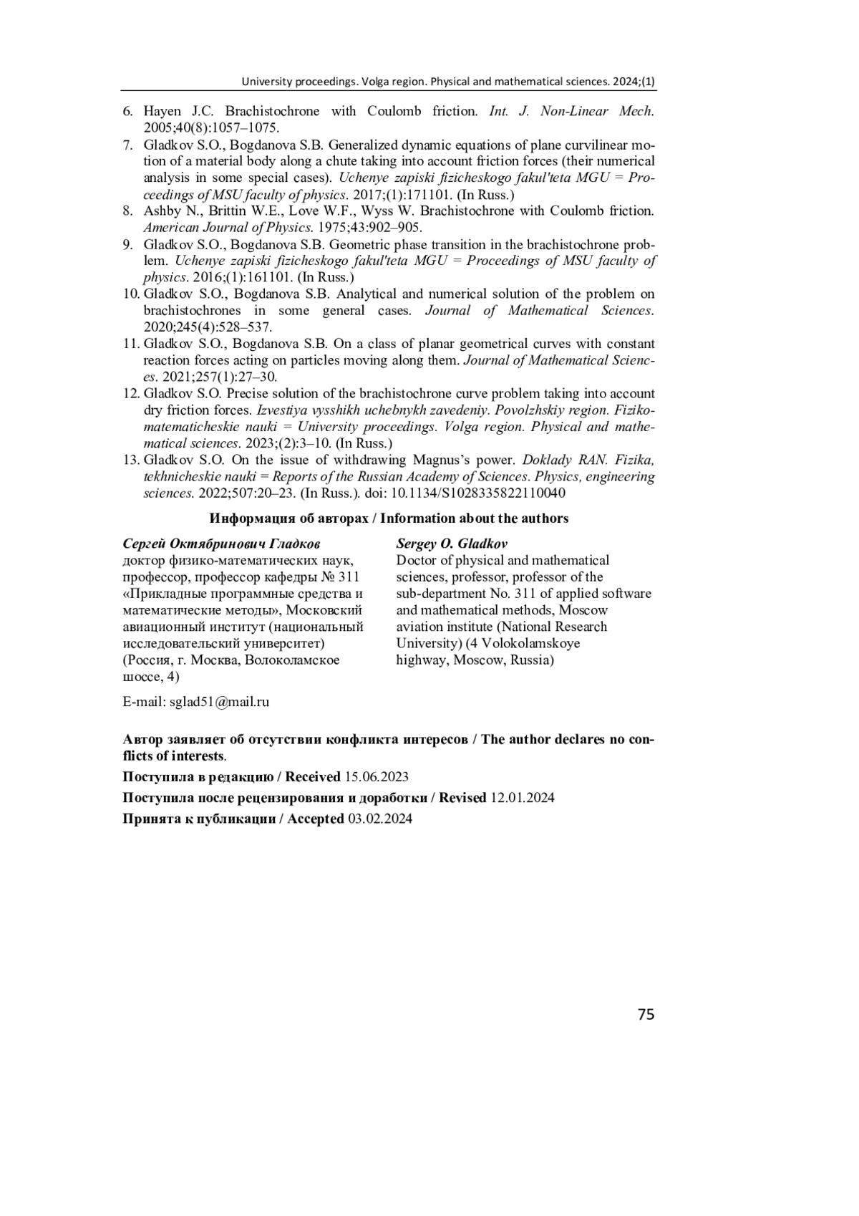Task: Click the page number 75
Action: tap(645, 1014)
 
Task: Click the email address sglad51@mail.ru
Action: tap(219, 702)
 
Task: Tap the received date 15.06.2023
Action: tap(377, 777)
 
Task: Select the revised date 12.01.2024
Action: tap(522, 798)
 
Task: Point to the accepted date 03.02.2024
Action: tap(380, 819)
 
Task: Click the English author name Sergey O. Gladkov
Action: tap(452, 544)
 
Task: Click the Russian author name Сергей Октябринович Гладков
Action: tap(222, 544)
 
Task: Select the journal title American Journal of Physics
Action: tap(228, 228)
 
